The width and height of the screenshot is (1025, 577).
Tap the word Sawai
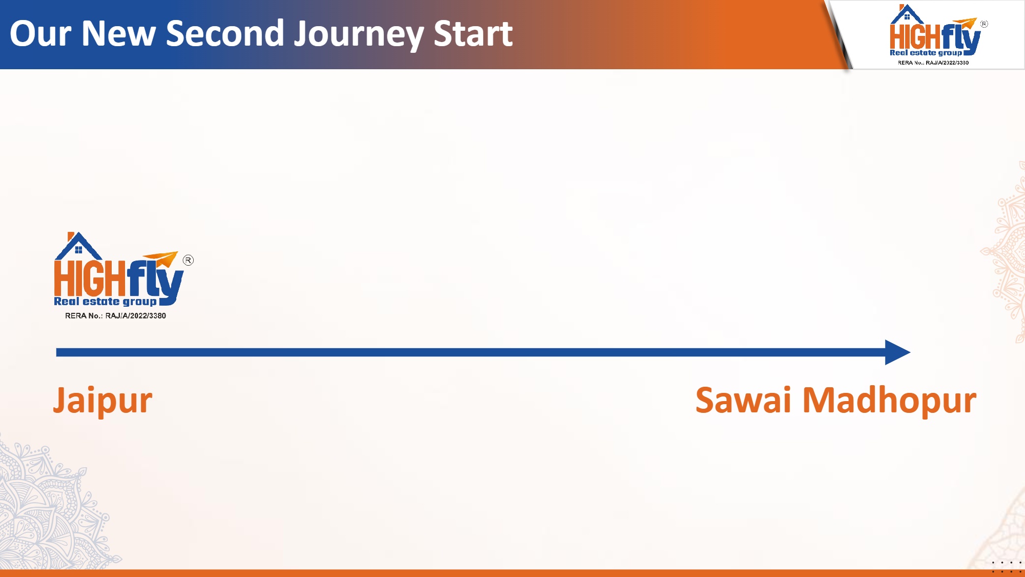(743, 400)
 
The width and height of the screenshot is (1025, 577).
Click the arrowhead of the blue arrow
(897, 352)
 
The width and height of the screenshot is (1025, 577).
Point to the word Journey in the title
(358, 34)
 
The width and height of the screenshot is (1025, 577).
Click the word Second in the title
(225, 33)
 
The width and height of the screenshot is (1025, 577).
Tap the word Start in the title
(473, 34)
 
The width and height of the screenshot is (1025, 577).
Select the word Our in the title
(40, 34)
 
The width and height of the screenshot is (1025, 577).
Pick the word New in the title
(118, 34)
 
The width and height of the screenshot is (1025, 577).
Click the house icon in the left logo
(78, 246)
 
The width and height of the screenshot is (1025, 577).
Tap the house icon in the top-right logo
(907, 14)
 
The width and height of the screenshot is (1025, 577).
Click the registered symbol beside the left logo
(189, 261)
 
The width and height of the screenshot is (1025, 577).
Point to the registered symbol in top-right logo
(984, 24)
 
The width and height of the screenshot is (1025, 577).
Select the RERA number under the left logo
(115, 316)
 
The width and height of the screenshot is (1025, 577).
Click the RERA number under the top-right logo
(933, 63)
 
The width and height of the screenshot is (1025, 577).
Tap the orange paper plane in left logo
(160, 259)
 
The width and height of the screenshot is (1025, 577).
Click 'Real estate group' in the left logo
(105, 302)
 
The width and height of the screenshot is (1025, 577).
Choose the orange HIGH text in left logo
(90, 278)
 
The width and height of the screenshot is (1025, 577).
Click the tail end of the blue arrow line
(56, 352)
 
